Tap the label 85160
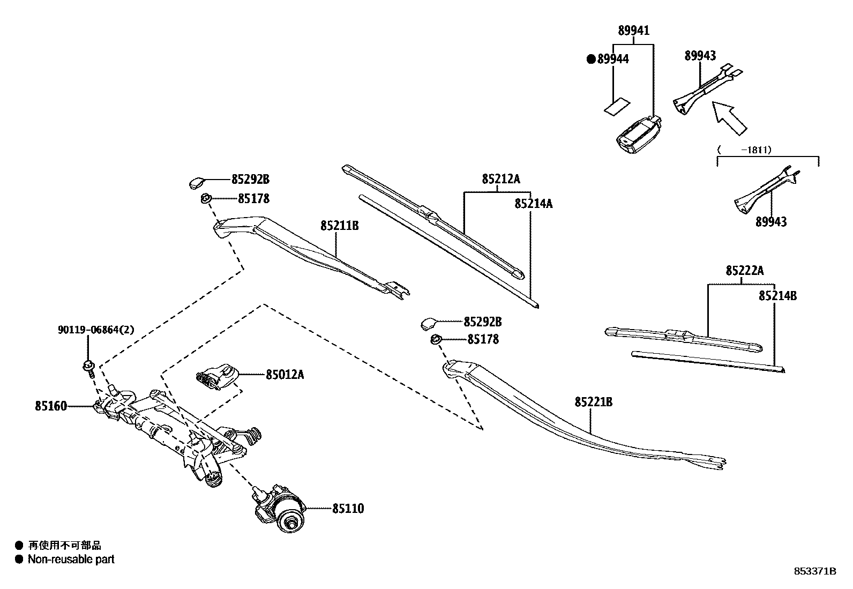pyautogui.click(x=51, y=406)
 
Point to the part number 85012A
pyautogui.click(x=285, y=375)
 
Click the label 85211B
pyautogui.click(x=340, y=226)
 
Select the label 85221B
pyautogui.click(x=594, y=402)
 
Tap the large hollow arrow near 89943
pyautogui.click(x=728, y=118)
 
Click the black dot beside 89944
pyautogui.click(x=591, y=59)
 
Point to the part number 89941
pyautogui.click(x=634, y=31)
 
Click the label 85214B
pyautogui.click(x=777, y=296)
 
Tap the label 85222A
pyautogui.click(x=745, y=271)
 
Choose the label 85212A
pyautogui.click(x=500, y=180)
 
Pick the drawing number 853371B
pyautogui.click(x=815, y=571)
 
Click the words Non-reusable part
pyautogui.click(x=71, y=560)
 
